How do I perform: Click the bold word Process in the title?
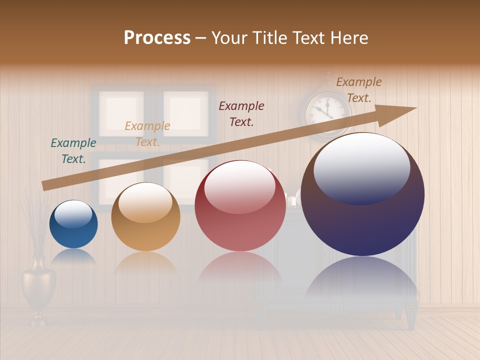point(157,38)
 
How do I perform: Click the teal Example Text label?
point(73,151)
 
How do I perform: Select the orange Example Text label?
point(147,134)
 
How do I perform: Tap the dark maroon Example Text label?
point(241,113)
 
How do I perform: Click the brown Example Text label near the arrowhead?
point(358,90)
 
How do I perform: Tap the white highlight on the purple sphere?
point(361,167)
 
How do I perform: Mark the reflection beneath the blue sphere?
point(73,256)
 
